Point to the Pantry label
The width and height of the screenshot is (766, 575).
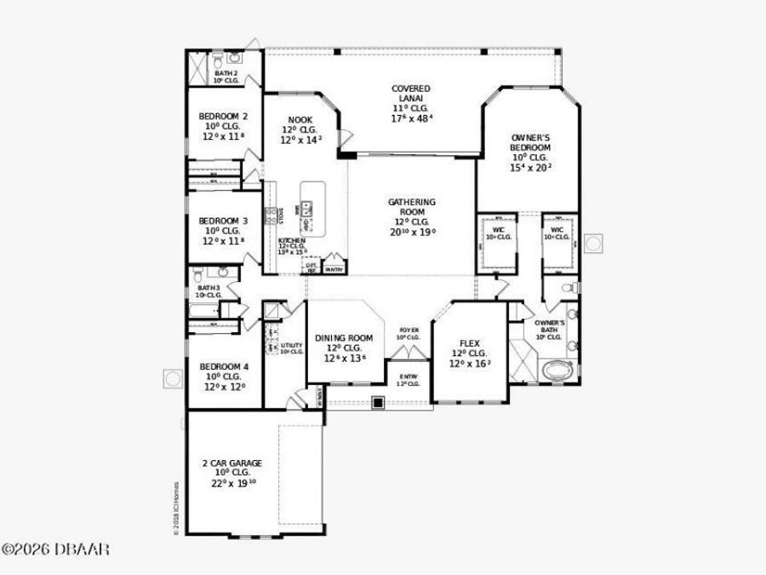[x=334, y=269]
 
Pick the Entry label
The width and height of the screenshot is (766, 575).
[x=409, y=379]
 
